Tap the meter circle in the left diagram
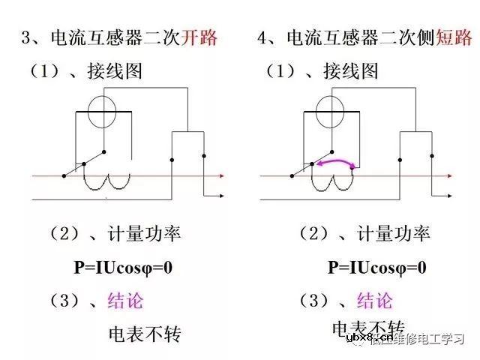pyautogui.click(x=104, y=113)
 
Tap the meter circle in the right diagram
pyautogui.click(x=331, y=113)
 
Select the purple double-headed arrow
pyautogui.click(x=334, y=163)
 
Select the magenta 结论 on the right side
pyautogui.click(x=374, y=301)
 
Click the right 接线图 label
pyautogui.click(x=349, y=72)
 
